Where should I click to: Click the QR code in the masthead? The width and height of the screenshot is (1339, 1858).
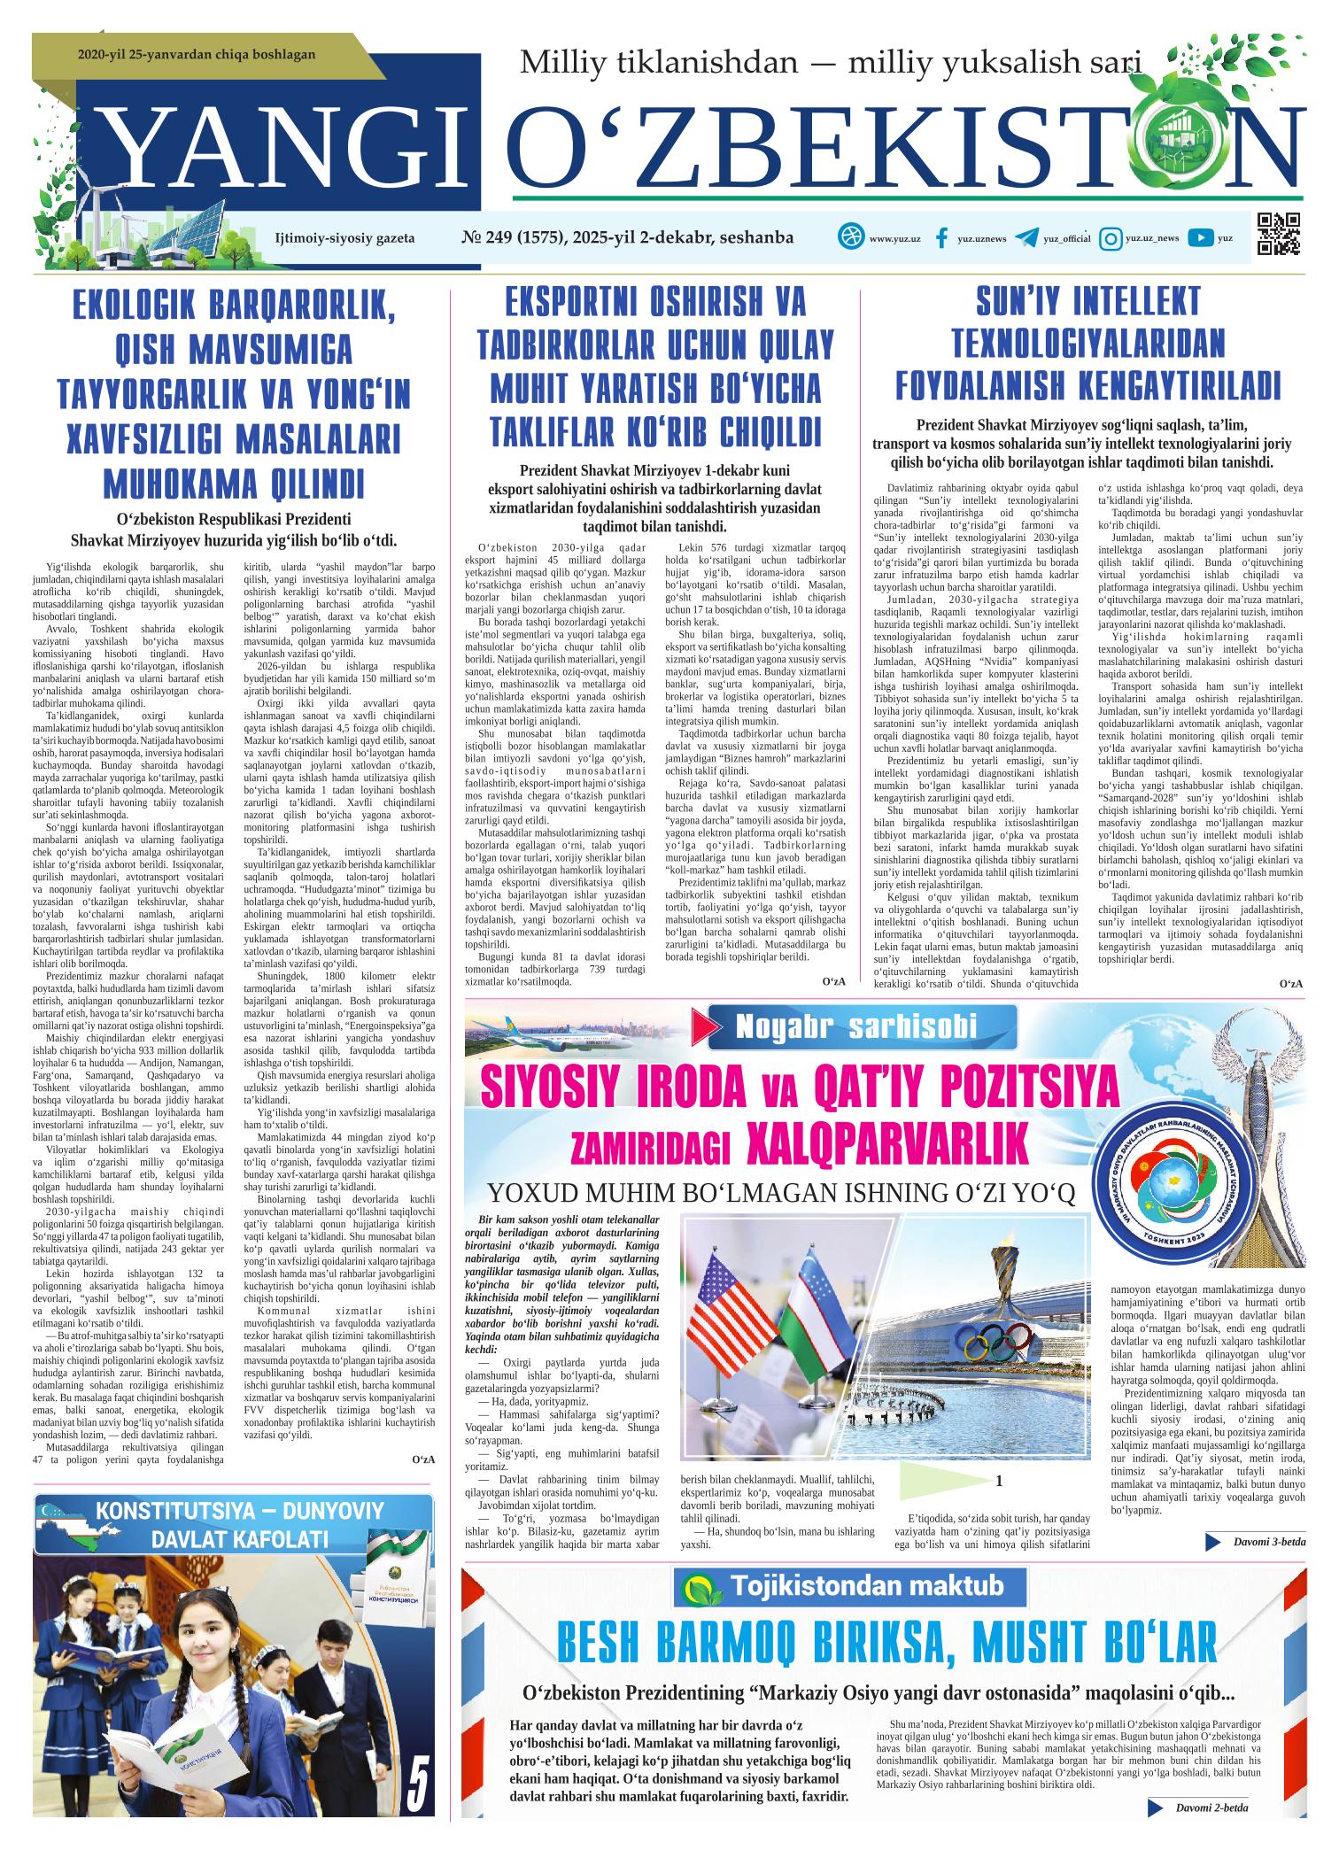click(1280, 235)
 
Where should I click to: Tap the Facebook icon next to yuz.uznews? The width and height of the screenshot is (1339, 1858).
click(941, 238)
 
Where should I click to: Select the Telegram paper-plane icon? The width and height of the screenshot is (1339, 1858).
click(1026, 238)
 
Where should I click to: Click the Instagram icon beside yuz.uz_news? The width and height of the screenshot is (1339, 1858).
click(1109, 238)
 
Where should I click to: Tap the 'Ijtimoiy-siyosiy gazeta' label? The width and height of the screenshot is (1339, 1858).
click(344, 238)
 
